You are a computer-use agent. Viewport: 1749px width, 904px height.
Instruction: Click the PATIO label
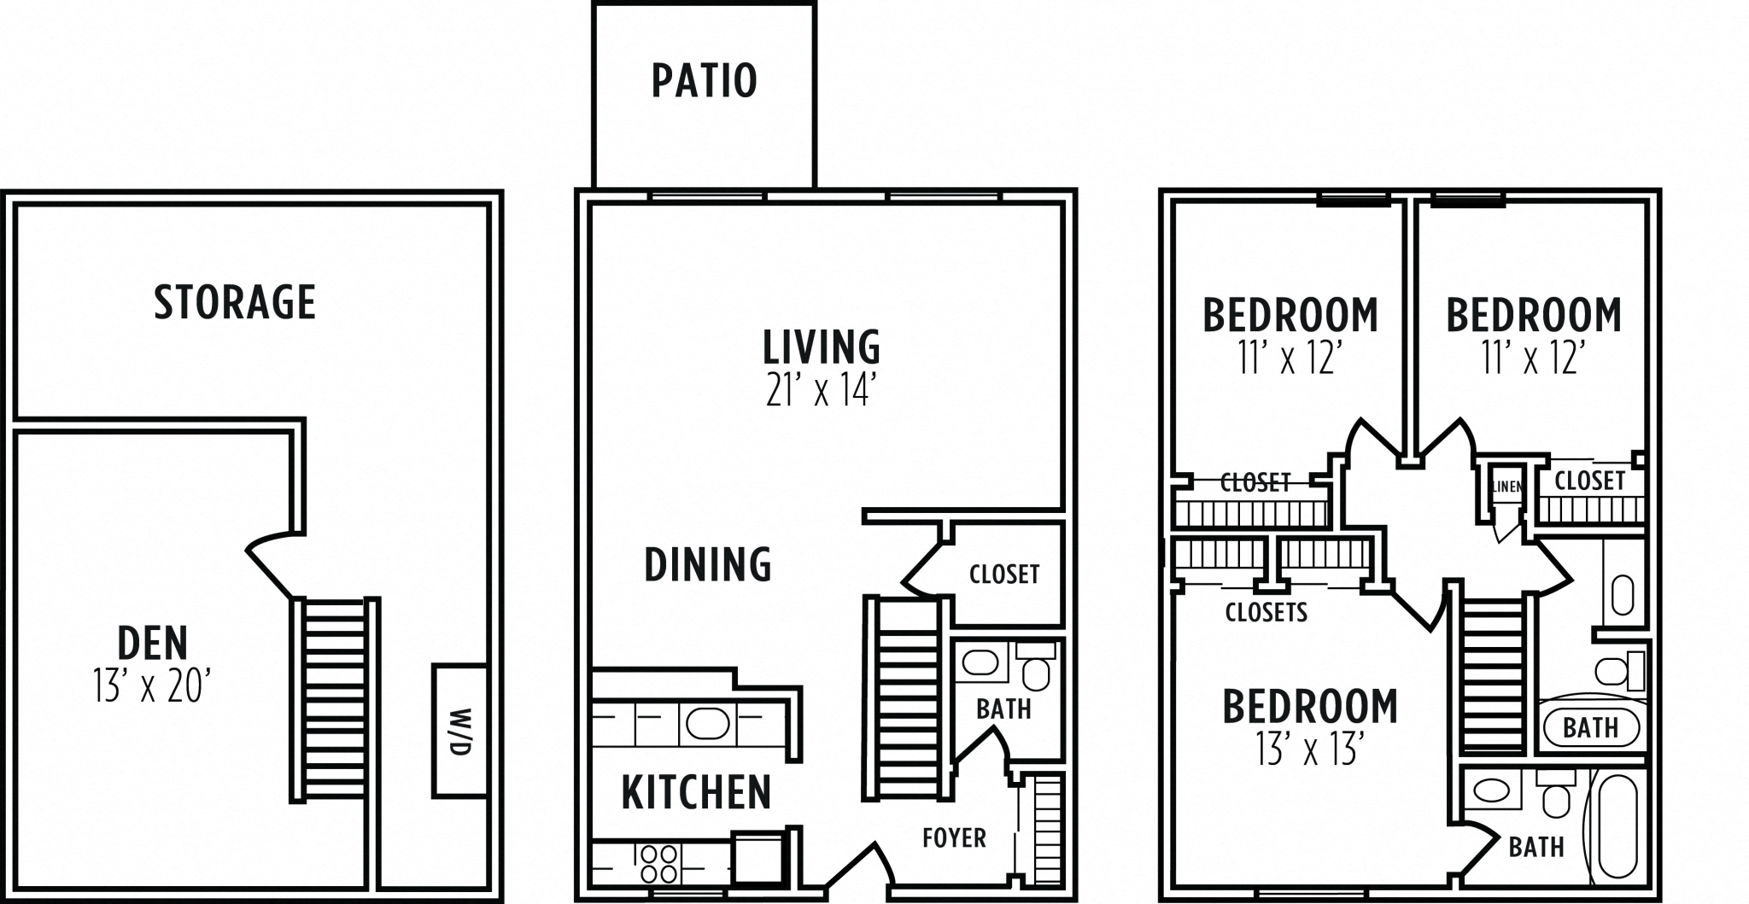[x=704, y=81]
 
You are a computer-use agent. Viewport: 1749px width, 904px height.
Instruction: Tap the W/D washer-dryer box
[x=459, y=731]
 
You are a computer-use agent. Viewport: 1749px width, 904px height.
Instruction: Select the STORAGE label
[x=235, y=302]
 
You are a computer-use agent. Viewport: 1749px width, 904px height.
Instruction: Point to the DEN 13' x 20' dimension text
[x=152, y=686]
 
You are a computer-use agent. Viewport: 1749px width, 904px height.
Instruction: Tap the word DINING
[x=708, y=565]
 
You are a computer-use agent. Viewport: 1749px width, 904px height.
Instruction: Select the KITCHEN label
[x=696, y=792]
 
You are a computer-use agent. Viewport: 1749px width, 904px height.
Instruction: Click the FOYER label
[x=954, y=838]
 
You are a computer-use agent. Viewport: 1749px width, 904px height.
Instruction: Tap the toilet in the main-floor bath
[x=1037, y=671]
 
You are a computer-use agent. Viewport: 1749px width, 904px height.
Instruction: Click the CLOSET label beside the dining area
[x=1004, y=574]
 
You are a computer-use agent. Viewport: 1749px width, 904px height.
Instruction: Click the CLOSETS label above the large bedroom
[x=1266, y=612]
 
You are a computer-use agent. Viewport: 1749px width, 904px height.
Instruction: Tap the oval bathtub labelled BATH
[x=1591, y=728]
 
